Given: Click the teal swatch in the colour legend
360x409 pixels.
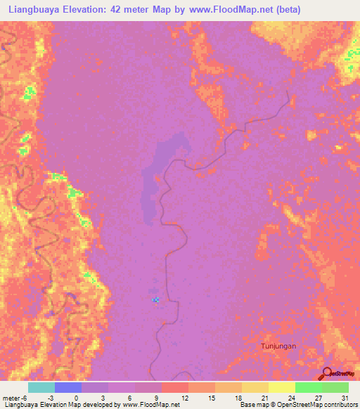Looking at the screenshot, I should pyautogui.click(x=41, y=387).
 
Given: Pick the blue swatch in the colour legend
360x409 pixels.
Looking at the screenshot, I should pyautogui.click(x=68, y=387).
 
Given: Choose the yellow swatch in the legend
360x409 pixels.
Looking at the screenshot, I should pyautogui.click(x=281, y=387).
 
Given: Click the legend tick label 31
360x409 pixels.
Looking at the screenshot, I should pyautogui.click(x=345, y=398).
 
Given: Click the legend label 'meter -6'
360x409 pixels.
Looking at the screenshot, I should pyautogui.click(x=15, y=398).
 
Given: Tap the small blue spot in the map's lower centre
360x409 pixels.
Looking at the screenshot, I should pyautogui.click(x=155, y=300).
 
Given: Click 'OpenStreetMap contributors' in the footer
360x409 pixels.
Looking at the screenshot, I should pyautogui.click(x=315, y=405).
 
